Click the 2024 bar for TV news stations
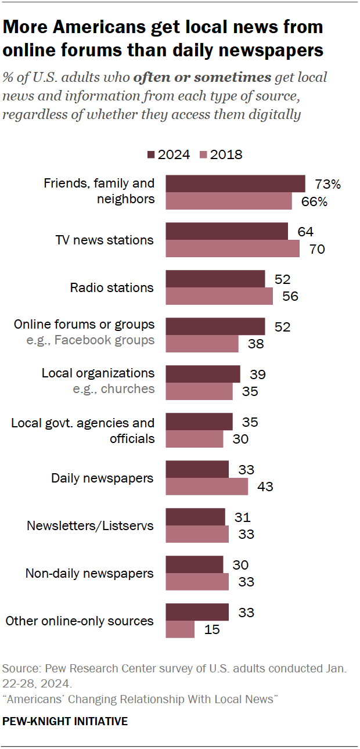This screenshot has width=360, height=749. [227, 231]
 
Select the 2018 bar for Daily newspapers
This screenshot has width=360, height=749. [207, 487]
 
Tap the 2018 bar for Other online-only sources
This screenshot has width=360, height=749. [180, 629]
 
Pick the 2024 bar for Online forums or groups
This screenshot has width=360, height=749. [215, 326]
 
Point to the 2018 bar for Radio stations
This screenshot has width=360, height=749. [219, 296]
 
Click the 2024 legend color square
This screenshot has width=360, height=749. [151, 154]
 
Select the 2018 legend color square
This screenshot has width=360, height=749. [203, 154]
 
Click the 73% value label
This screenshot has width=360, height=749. [327, 184]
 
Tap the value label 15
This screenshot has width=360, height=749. [212, 629]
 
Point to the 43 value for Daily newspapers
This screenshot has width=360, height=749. [265, 487]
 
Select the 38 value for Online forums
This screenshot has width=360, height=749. [255, 344]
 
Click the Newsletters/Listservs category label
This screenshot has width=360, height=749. [90, 526]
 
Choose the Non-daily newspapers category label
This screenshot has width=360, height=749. [89, 574]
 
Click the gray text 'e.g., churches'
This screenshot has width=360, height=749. [114, 388]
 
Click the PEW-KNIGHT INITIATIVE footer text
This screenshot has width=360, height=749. [65, 722]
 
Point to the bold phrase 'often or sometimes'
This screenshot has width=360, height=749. [203, 77]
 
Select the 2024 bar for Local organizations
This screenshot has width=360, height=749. [203, 374]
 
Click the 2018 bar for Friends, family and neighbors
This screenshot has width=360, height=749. [229, 201]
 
